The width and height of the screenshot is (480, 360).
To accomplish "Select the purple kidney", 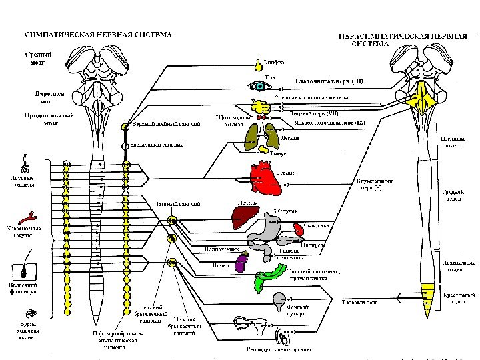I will (241, 263).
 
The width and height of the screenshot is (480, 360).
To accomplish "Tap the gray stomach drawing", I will (271, 228).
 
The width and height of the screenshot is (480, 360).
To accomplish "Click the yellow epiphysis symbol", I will (257, 65).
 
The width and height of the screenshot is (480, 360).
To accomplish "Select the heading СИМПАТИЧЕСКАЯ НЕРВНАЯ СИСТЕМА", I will (98, 34).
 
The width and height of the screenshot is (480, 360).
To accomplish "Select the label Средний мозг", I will (35, 58).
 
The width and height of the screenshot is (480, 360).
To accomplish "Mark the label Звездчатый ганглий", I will (157, 145).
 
